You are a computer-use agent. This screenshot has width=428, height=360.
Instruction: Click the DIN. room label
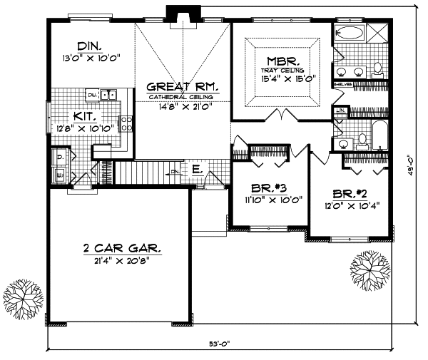tap(75, 44)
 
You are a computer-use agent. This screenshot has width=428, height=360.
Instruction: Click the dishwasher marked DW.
tap(92, 94)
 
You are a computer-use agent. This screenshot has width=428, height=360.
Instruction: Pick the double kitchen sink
tap(108, 94)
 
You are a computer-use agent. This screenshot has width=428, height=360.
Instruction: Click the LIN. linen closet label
tap(341, 110)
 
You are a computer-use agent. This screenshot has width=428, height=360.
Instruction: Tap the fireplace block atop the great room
tap(175, 14)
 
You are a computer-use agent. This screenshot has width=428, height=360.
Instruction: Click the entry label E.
tap(195, 171)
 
